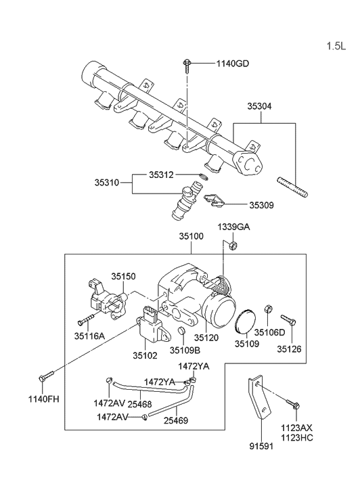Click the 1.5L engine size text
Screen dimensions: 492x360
[336, 47]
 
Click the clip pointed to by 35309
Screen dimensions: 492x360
[215, 200]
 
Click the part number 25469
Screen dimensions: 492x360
[175, 420]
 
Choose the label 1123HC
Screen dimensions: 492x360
[298, 438]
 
